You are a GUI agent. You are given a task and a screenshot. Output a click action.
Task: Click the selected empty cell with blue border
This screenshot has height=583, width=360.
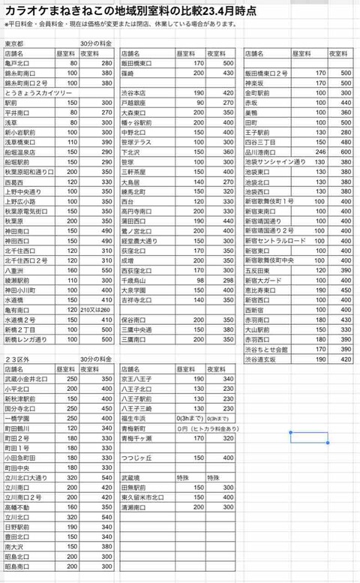(x=309, y=437)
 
